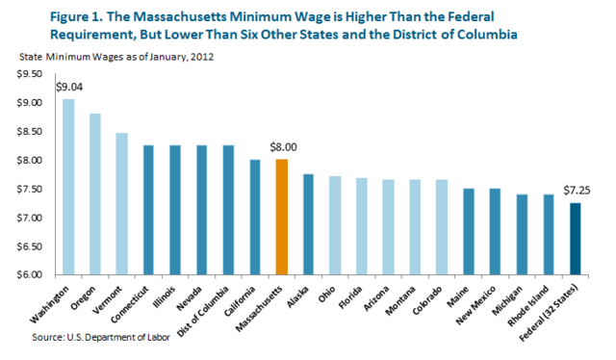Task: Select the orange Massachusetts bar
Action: [x=281, y=217]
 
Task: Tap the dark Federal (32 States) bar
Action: [x=574, y=239]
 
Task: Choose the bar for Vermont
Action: [x=121, y=203]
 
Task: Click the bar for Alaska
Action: [x=308, y=223]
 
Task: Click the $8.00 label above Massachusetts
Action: [x=281, y=147]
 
